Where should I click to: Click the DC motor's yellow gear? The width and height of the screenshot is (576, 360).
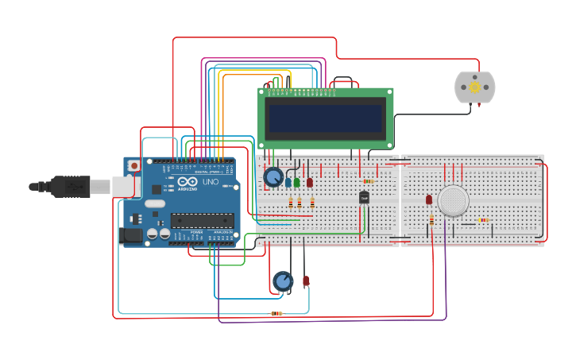coord(475,87)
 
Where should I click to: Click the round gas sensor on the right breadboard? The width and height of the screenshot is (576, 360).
coord(454,200)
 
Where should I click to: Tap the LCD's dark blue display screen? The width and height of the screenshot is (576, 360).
coord(327,118)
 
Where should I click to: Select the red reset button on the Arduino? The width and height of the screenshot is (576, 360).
coord(134,165)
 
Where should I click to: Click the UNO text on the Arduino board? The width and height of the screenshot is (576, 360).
coord(211,182)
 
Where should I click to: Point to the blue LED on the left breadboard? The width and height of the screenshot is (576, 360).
coord(288,182)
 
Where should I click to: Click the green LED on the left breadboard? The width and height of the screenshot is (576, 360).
coord(297,182)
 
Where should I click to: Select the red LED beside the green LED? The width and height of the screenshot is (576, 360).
coord(310,182)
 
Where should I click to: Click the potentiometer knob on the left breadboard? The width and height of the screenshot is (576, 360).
coord(273,176)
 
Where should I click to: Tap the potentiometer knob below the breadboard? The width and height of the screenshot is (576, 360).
coord(283,281)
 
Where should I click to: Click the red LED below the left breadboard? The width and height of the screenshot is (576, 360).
coord(306,281)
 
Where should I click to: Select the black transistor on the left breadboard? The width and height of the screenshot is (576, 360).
coord(364,197)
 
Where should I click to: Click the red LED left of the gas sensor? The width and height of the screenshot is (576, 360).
coord(429,199)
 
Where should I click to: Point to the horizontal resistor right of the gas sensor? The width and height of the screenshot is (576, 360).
coord(483,220)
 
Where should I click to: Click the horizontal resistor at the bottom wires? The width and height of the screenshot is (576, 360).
coord(276,314)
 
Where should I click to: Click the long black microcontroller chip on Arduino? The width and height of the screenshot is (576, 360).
coord(203,220)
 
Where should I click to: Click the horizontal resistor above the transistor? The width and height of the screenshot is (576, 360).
coord(368,181)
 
